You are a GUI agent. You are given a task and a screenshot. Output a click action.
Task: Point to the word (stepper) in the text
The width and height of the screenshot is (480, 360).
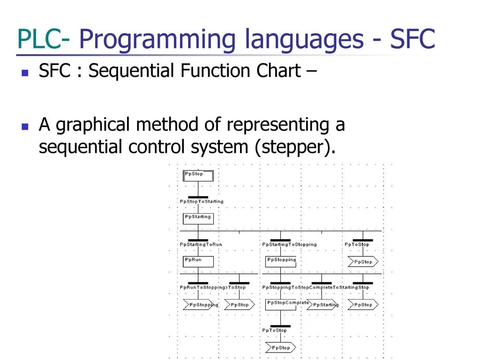(x=295, y=147)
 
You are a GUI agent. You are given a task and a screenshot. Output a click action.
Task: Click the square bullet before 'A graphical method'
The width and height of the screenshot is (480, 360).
(x=25, y=127)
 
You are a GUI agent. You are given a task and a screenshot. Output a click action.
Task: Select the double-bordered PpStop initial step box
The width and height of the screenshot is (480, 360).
(x=198, y=175)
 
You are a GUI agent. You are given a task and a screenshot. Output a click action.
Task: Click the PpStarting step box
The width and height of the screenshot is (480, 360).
(x=198, y=218)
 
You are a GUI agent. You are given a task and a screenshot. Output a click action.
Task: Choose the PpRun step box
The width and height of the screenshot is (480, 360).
(x=198, y=261)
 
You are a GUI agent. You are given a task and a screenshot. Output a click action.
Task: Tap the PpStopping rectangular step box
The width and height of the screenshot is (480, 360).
(x=281, y=261)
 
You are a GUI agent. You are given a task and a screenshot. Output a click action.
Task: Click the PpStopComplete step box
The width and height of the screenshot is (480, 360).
(x=281, y=304)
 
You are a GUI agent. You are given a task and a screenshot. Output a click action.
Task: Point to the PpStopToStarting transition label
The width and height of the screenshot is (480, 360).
(x=202, y=202)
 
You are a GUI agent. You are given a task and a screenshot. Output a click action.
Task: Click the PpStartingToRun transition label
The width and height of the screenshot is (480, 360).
(x=201, y=244)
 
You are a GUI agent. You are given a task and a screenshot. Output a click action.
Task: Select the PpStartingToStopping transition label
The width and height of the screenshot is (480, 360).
(x=289, y=244)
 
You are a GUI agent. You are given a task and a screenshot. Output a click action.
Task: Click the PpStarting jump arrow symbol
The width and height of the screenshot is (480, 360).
(x=322, y=305)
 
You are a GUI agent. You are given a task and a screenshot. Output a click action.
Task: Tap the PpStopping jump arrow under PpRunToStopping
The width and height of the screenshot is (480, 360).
(x=201, y=305)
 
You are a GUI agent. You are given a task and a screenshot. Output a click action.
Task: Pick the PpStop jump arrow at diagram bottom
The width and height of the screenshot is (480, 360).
(x=281, y=348)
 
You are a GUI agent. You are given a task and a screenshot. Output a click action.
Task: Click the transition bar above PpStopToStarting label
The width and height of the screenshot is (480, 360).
(x=198, y=197)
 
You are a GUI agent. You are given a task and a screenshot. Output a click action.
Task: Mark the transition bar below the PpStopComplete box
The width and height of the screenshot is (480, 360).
(x=281, y=326)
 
